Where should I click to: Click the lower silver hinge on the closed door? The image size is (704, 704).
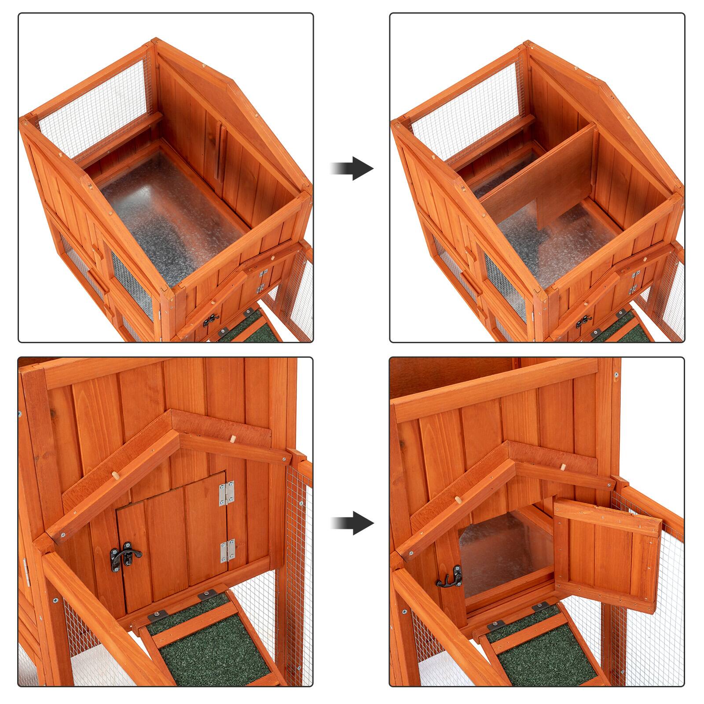(227, 550)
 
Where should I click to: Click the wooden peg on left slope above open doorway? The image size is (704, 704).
(458, 500)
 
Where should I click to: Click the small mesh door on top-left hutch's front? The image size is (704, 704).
(131, 282)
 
